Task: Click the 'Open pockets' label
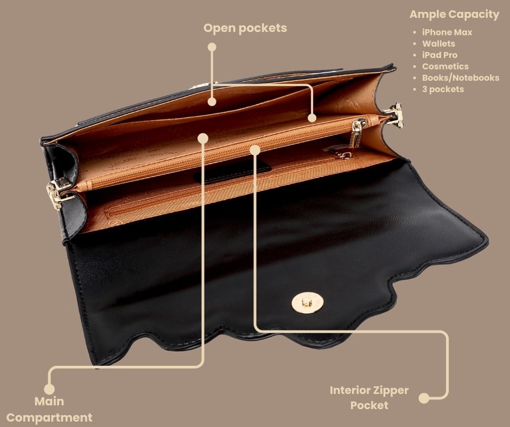point(245,28)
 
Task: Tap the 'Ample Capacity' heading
point(454,14)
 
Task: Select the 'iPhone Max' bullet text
point(447,32)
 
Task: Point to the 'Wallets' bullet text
point(438,43)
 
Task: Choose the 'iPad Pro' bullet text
point(440,55)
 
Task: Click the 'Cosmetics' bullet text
point(445,66)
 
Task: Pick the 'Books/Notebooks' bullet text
point(461,77)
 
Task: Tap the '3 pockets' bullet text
point(443,89)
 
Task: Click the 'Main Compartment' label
point(49,409)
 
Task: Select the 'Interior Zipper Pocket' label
point(369,397)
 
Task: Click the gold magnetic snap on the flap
point(308,302)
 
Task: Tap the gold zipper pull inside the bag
point(357,133)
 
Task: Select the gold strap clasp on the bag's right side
point(395,115)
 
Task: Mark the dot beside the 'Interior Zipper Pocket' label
point(424,398)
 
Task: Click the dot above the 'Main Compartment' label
point(49,389)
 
